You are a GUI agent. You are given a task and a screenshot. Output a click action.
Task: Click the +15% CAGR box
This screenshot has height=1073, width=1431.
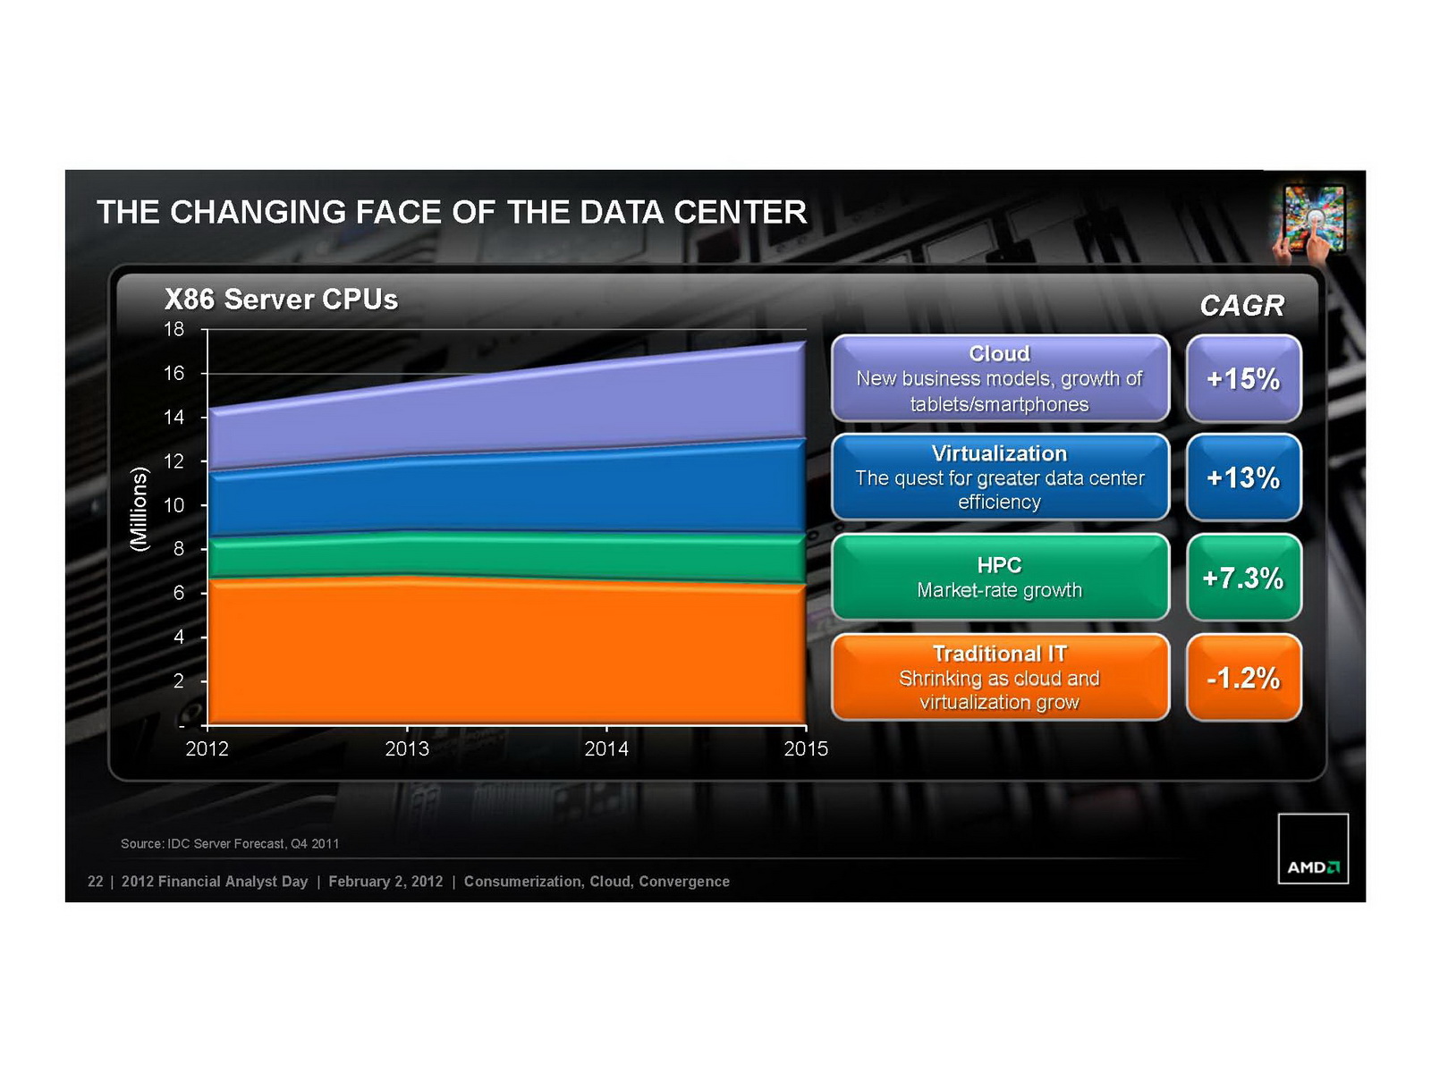tap(1243, 378)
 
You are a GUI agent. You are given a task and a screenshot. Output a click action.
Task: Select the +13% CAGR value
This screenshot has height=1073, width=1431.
tap(1243, 477)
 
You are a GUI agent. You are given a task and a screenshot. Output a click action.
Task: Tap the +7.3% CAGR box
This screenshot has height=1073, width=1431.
tap(1243, 578)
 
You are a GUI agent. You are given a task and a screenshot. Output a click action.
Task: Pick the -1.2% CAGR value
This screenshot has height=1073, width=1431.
tap(1243, 678)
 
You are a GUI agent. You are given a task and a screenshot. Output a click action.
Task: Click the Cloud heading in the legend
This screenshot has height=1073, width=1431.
tap(999, 353)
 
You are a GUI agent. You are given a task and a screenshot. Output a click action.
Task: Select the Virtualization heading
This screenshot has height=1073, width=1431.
tap(999, 453)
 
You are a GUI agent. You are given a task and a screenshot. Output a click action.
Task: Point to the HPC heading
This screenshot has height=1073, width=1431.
tap(999, 565)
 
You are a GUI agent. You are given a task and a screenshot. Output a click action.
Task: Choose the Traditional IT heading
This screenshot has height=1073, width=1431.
tap(999, 654)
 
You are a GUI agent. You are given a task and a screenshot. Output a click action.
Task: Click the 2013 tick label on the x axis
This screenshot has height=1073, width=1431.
tap(407, 749)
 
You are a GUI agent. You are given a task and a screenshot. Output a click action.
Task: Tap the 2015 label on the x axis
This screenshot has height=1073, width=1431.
tap(806, 749)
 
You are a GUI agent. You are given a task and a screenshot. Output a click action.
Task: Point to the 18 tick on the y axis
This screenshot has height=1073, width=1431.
tap(174, 329)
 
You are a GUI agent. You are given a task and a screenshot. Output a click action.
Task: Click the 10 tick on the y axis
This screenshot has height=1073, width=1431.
tap(174, 505)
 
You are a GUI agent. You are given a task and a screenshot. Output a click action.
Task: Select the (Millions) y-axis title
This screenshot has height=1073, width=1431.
tap(139, 509)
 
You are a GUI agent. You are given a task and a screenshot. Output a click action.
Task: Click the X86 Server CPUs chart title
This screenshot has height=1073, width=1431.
tap(281, 300)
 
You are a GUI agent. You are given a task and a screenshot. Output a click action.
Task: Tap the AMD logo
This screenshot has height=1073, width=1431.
tap(1313, 849)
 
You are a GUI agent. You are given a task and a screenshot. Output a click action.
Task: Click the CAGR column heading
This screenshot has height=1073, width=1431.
tap(1241, 306)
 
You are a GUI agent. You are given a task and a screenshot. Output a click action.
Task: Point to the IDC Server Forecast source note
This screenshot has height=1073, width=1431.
tap(230, 843)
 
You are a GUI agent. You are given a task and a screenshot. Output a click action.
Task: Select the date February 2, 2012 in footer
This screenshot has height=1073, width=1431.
tap(385, 882)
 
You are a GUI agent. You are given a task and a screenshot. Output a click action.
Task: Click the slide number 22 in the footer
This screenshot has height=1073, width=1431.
tap(96, 882)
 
